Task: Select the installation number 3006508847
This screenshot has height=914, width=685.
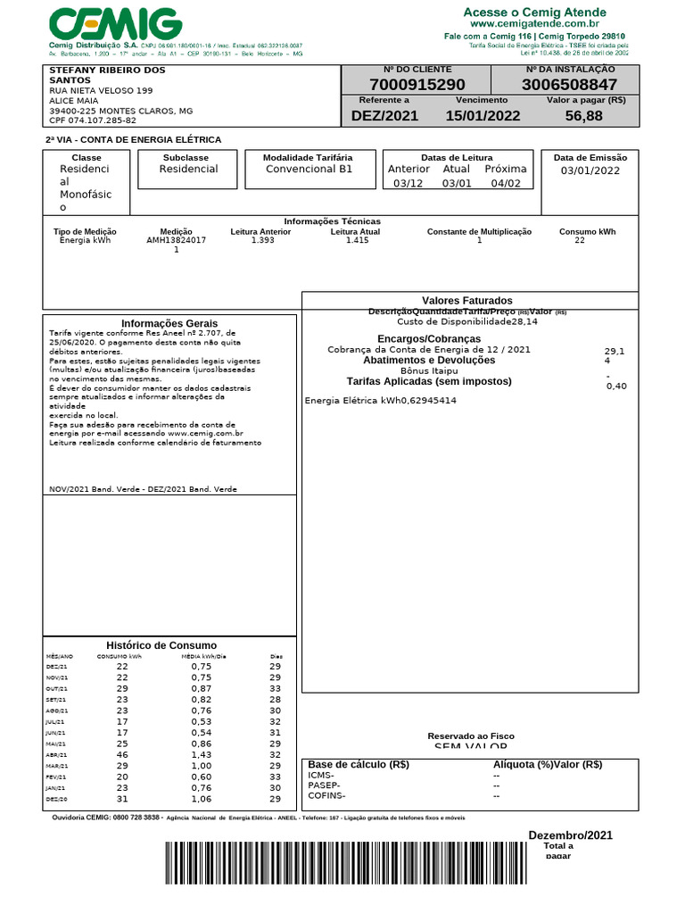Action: pos(569,85)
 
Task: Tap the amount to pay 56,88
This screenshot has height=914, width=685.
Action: pos(583,116)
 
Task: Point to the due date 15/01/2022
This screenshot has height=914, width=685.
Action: pos(483,116)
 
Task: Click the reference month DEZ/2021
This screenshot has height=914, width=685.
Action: pos(384,116)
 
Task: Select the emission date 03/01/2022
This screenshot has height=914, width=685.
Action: pos(590,171)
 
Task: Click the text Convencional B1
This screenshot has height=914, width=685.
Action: pos(309,169)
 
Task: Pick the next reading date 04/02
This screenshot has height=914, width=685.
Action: pos(506,184)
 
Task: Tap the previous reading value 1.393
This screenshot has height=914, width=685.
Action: pos(263,240)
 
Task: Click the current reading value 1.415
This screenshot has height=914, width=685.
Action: pos(357,240)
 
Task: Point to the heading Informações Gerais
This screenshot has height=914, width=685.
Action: pos(169,323)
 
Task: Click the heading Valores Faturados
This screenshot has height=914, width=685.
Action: pos(467,301)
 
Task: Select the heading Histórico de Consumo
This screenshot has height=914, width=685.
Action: pos(161,645)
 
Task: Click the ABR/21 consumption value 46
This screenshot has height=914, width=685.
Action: pos(122,754)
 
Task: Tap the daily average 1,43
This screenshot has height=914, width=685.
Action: pos(202,754)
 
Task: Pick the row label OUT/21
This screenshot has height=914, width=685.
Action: pos(56,689)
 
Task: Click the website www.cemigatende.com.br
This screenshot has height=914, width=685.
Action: pos(535,24)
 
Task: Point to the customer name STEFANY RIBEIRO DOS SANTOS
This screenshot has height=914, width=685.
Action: pos(107,75)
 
